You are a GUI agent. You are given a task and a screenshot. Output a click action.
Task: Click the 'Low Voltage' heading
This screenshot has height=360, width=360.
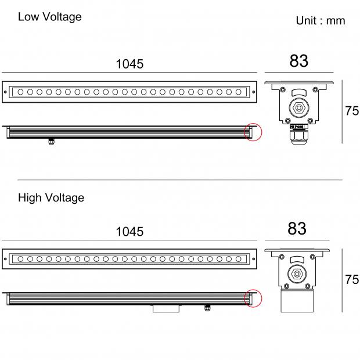click(49, 17)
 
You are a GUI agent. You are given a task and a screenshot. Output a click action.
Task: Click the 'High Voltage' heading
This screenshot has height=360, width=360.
click(51, 198)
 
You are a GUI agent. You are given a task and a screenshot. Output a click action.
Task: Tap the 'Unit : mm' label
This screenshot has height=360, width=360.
click(321, 21)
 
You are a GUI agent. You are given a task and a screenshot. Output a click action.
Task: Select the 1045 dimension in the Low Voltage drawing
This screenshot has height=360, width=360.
click(129, 64)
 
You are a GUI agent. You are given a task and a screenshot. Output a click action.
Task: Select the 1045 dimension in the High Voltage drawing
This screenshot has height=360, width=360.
click(129, 232)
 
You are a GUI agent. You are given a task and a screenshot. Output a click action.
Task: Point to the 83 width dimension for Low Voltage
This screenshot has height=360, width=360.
click(298, 61)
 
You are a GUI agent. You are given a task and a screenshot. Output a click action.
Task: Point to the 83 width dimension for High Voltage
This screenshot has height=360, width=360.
click(297, 229)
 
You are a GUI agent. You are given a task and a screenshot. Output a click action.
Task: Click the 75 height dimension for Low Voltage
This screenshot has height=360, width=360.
click(352, 111)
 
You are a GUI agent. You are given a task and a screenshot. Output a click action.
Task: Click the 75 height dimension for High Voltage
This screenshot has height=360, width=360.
click(352, 279)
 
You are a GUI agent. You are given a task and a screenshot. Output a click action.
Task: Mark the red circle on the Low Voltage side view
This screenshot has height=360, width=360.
click(254, 132)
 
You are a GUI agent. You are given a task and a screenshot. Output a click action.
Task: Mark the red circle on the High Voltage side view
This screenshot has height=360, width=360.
click(254, 298)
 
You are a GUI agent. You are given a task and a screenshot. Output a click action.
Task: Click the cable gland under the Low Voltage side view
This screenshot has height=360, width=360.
click(51, 141)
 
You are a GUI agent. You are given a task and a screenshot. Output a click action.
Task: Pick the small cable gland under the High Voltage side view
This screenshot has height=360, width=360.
click(207, 307)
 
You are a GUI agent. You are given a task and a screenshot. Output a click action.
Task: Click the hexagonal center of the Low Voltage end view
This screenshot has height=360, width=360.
click(298, 108)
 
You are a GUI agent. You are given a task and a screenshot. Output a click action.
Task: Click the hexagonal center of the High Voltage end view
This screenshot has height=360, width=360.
click(297, 273)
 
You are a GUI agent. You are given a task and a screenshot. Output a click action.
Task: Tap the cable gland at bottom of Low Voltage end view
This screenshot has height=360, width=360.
click(298, 137)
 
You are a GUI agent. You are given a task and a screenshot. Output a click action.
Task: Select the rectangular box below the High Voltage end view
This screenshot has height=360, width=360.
click(297, 301)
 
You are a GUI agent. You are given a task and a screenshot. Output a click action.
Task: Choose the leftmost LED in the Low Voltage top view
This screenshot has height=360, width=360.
click(21, 92)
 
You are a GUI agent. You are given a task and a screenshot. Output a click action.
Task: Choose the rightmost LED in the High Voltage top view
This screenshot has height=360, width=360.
click(238, 259)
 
